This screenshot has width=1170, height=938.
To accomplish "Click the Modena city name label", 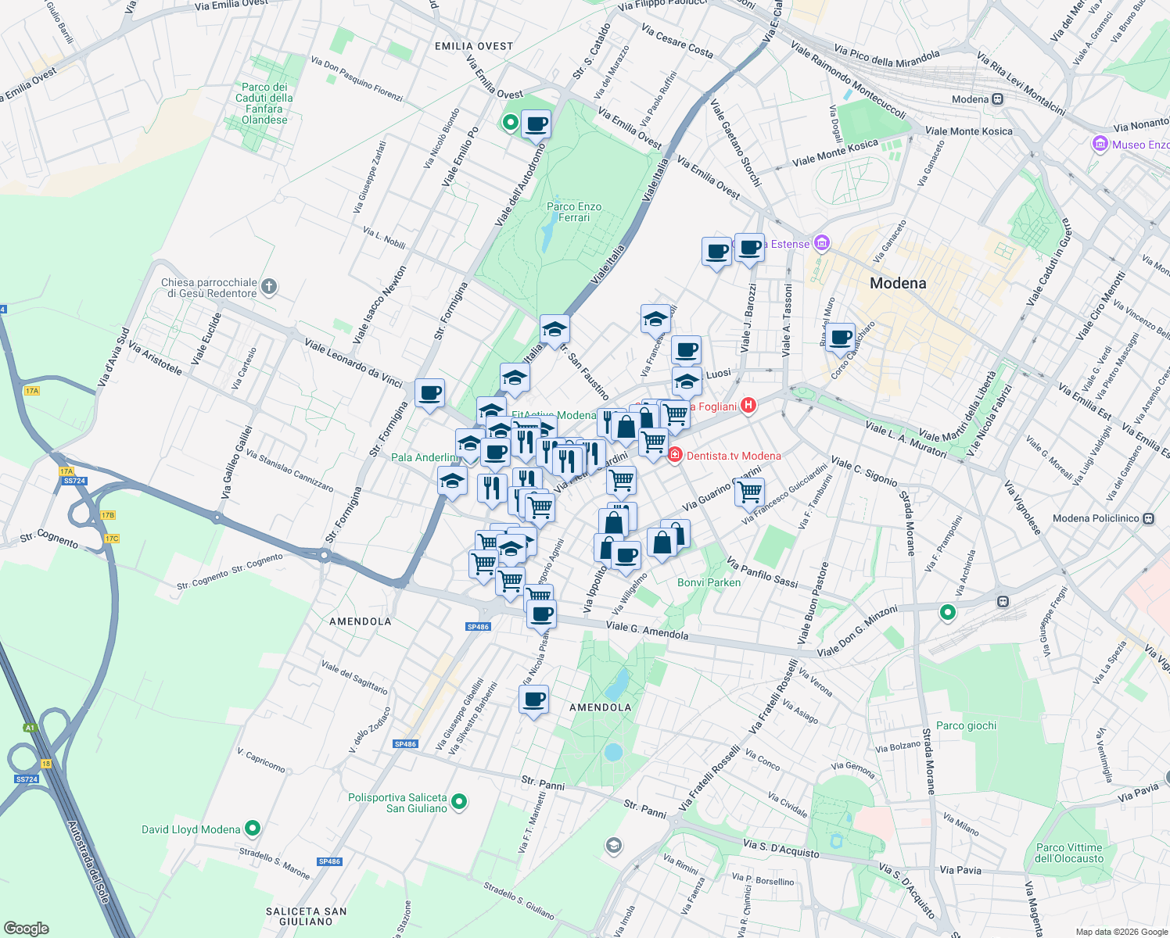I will (x=898, y=283).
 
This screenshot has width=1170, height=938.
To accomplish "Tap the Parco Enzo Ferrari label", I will (x=574, y=212).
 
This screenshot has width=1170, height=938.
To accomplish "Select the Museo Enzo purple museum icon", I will (x=1100, y=145).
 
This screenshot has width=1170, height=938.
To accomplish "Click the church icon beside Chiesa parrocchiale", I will (x=268, y=287).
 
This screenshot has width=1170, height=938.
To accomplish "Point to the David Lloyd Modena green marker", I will (x=253, y=829).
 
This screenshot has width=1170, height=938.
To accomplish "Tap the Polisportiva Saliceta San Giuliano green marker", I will (x=459, y=802).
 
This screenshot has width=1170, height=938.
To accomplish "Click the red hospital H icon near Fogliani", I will (x=748, y=405).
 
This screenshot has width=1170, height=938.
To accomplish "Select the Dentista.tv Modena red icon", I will (x=675, y=455).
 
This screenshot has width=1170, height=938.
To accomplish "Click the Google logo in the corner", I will (x=26, y=928).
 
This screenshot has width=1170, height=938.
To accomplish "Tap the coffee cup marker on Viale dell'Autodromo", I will (x=536, y=124).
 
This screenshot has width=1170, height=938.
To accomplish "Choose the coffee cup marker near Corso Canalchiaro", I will (x=840, y=338).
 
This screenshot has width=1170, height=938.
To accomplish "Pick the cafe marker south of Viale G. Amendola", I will (x=533, y=700).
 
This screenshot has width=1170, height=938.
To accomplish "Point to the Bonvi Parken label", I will (x=709, y=582).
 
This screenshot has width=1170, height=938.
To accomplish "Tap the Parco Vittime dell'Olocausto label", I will (x=1068, y=853).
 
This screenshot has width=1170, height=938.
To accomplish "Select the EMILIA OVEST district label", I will (x=474, y=46).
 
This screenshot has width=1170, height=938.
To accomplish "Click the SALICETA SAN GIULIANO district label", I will (x=306, y=916).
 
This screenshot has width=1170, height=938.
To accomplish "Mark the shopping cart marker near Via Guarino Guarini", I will (x=749, y=492).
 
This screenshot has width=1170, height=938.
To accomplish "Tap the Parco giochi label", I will (x=966, y=725).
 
